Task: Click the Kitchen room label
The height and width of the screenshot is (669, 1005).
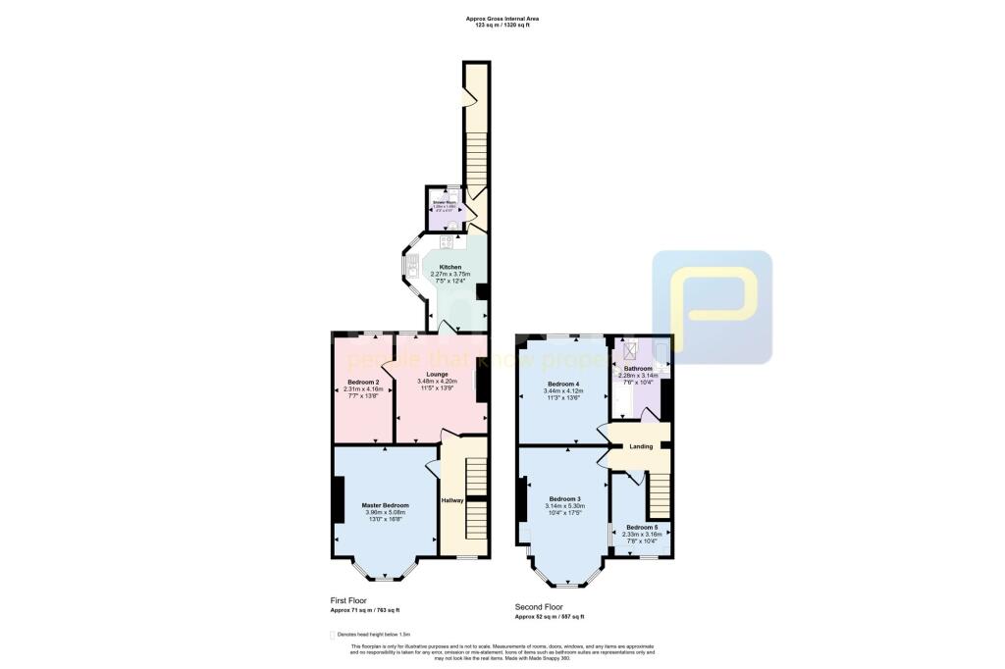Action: click(x=450, y=267)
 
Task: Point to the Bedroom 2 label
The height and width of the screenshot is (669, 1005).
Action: click(x=363, y=382)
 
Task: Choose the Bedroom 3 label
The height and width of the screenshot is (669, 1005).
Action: click(x=565, y=498)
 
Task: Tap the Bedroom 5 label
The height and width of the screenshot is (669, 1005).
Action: click(x=642, y=527)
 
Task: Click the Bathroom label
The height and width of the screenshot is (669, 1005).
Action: click(x=638, y=369)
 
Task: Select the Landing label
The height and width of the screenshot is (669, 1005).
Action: click(x=640, y=447)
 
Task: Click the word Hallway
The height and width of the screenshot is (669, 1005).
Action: click(x=451, y=500)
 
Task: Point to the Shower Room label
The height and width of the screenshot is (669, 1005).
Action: click(x=445, y=203)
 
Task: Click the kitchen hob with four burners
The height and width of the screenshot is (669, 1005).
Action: click(x=449, y=241)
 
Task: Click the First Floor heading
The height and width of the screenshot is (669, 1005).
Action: click(x=349, y=599)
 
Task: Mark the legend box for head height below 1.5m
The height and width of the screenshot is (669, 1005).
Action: click(x=332, y=635)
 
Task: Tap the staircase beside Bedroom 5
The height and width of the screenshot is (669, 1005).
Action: click(x=657, y=495)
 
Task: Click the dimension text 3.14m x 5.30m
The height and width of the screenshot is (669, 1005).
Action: click(x=565, y=506)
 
